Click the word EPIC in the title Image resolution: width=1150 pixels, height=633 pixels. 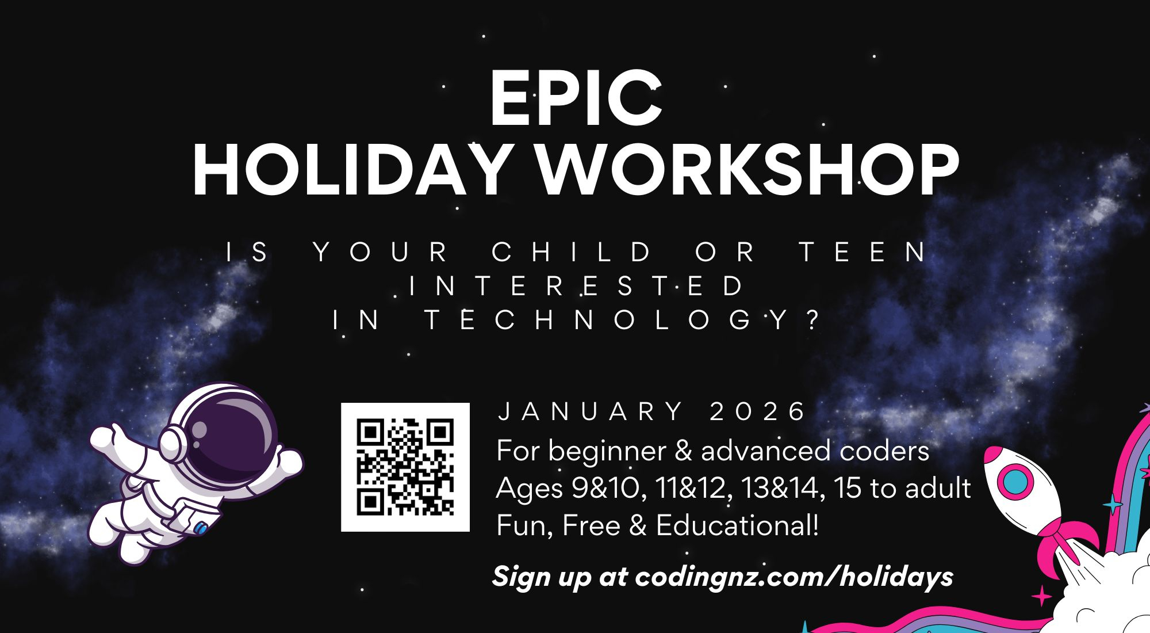pyautogui.click(x=576, y=98)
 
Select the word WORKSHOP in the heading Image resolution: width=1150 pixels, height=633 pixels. pyautogui.click(x=747, y=170)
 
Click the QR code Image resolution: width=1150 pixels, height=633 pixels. pyautogui.click(x=405, y=467)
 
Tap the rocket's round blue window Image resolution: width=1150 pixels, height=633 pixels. pyautogui.click(x=1015, y=481)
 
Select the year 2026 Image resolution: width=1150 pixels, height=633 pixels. pyautogui.click(x=757, y=412)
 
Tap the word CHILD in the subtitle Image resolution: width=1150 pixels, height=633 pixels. pyautogui.click(x=572, y=252)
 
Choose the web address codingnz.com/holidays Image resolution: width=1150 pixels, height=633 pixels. pyautogui.click(x=794, y=577)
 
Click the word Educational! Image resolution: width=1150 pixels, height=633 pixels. pyautogui.click(x=737, y=525)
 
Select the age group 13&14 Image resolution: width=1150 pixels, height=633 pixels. pyautogui.click(x=780, y=488)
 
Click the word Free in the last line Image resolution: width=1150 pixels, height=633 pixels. pyautogui.click(x=591, y=525)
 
